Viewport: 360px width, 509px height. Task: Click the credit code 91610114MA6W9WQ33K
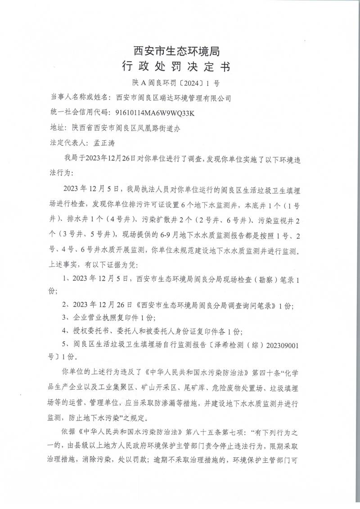[155, 112]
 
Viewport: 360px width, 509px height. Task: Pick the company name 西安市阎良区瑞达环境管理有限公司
[173, 97]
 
